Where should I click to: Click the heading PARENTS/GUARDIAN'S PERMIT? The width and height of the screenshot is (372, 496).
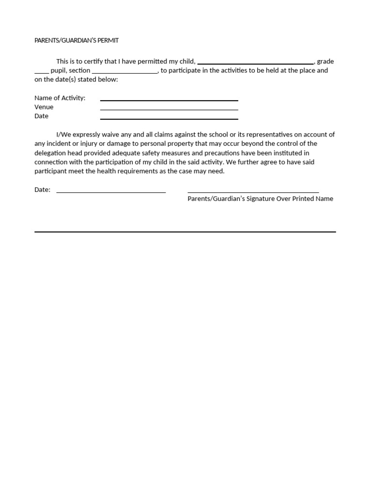[x=77, y=41]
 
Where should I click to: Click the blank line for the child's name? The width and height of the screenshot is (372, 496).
[x=256, y=63]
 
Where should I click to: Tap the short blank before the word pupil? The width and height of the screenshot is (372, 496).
[x=42, y=72]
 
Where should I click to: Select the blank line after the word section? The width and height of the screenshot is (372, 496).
[x=124, y=72]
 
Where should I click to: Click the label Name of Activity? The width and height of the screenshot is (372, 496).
[x=60, y=98]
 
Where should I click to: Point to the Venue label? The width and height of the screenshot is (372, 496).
[x=44, y=107]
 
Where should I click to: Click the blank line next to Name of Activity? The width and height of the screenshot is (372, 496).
[x=169, y=100]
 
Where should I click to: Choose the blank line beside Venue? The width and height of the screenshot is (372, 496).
[x=169, y=109]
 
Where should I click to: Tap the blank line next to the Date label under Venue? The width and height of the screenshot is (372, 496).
[x=169, y=119]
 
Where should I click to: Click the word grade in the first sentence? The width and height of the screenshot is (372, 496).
[x=325, y=62]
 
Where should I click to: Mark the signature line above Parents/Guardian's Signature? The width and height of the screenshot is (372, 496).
[x=253, y=192]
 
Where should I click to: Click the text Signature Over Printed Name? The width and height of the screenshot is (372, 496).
[x=291, y=199]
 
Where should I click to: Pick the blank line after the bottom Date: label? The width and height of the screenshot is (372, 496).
[x=111, y=192]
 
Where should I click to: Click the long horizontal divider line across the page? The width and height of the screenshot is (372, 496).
[x=185, y=232]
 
